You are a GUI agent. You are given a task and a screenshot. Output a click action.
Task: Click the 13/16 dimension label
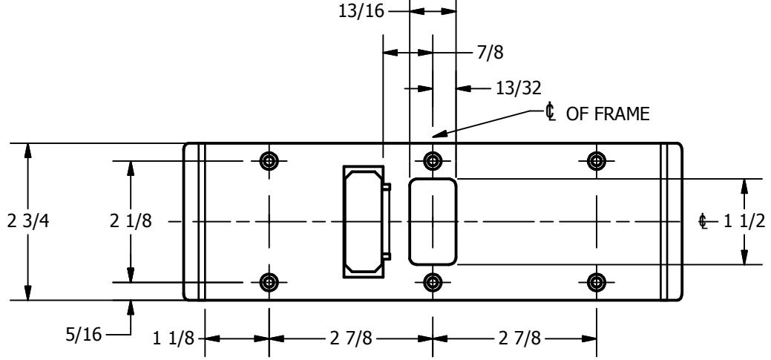point(361,11)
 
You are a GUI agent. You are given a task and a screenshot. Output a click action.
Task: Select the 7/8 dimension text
point(491,52)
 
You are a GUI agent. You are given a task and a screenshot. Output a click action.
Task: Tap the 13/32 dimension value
point(518,88)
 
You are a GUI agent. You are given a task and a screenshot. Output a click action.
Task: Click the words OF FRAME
point(608,114)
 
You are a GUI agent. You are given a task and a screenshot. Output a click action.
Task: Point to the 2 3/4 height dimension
point(28,221)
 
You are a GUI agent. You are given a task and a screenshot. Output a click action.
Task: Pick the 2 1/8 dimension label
point(131,221)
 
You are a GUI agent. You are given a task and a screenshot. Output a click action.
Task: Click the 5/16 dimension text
point(84,335)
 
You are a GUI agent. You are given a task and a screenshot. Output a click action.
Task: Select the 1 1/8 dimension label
point(174,338)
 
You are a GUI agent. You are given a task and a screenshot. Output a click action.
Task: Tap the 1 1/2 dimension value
point(744,222)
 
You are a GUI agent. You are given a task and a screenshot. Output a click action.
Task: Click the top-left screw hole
point(269,161)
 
